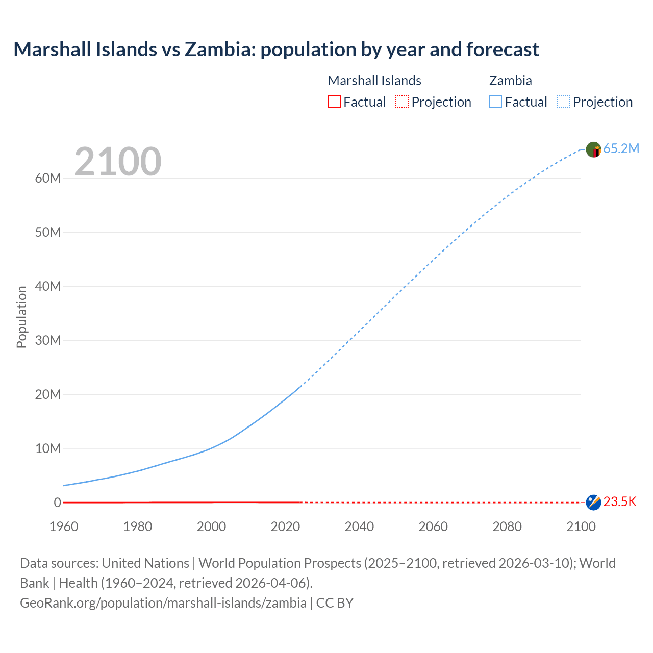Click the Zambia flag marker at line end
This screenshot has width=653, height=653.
pyautogui.click(x=593, y=149)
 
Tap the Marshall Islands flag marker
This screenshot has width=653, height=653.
pyautogui.click(x=593, y=503)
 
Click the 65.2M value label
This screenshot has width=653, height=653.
pyautogui.click(x=621, y=148)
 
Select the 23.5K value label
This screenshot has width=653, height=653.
pyautogui.click(x=620, y=502)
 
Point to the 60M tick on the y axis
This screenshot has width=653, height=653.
pyautogui.click(x=48, y=178)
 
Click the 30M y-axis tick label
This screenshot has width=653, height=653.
pyautogui.click(x=48, y=340)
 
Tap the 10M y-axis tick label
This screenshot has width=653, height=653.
pyautogui.click(x=48, y=448)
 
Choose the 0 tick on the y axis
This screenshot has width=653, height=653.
pyautogui.click(x=57, y=503)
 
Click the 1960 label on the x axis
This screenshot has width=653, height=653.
pyautogui.click(x=64, y=526)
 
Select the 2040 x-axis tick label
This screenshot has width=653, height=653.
pyautogui.click(x=359, y=526)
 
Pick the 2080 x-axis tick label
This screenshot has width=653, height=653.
pyautogui.click(x=507, y=526)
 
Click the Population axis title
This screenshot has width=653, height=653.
pyautogui.click(x=21, y=317)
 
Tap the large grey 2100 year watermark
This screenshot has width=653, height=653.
pyautogui.click(x=118, y=162)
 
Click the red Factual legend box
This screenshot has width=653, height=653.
pyautogui.click(x=334, y=102)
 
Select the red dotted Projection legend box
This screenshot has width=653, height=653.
pyautogui.click(x=402, y=102)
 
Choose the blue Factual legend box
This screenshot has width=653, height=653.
pyautogui.click(x=495, y=102)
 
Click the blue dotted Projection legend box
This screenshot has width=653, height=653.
pyautogui.click(x=564, y=102)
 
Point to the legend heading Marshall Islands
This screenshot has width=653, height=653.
pyautogui.click(x=374, y=81)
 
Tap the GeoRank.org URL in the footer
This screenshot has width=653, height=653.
pyautogui.click(x=163, y=603)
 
